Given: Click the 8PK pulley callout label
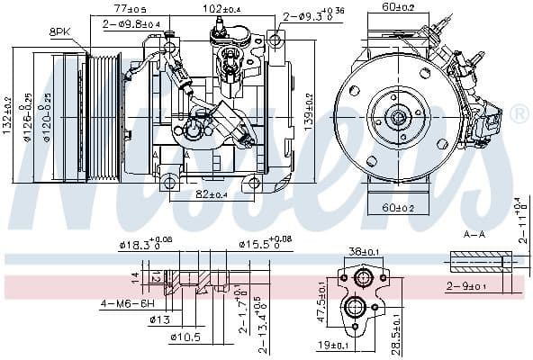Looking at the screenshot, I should pyautogui.click(x=59, y=31).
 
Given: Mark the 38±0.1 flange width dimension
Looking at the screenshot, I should pyautogui.click(x=362, y=252).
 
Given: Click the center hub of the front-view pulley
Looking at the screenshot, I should pyautogui.click(x=397, y=116).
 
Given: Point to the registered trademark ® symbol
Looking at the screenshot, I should pyautogui.click(x=519, y=114).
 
